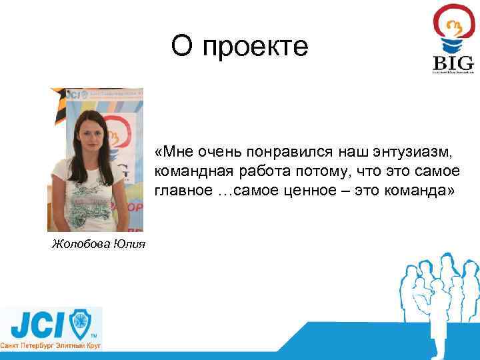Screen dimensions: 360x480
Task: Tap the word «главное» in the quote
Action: pos(183,190)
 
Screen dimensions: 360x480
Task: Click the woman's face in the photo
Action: pos(91,128)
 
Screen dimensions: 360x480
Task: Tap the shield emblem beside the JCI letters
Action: pos(81,324)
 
